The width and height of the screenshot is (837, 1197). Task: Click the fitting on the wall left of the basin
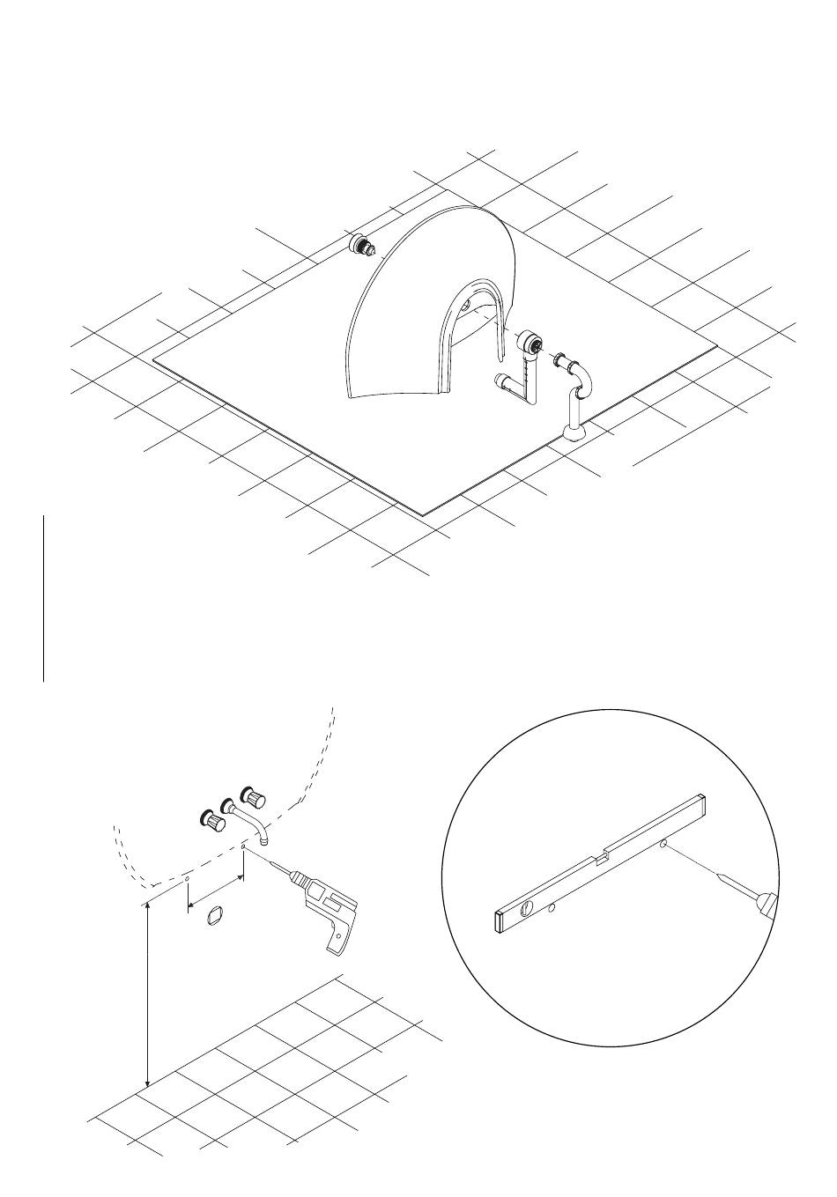(362, 244)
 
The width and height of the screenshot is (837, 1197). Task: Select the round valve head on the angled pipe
(530, 342)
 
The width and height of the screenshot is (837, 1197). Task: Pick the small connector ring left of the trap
(559, 359)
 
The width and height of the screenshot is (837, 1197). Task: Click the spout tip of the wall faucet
(264, 841)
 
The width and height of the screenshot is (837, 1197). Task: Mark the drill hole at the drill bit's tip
(243, 848)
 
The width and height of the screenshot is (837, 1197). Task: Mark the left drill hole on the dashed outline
(187, 879)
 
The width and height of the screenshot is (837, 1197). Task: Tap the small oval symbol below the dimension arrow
(211, 917)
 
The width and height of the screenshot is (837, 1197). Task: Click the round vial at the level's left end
(528, 906)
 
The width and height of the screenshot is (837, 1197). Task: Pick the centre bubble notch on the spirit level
(604, 853)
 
